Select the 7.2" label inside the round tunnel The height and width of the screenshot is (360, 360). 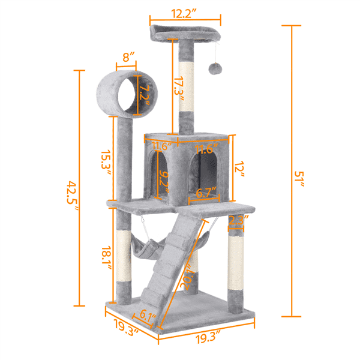pyautogui.click(x=142, y=93)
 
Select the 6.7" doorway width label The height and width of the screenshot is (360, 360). pyautogui.click(x=207, y=193)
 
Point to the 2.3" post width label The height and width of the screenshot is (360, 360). pyautogui.click(x=238, y=220)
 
